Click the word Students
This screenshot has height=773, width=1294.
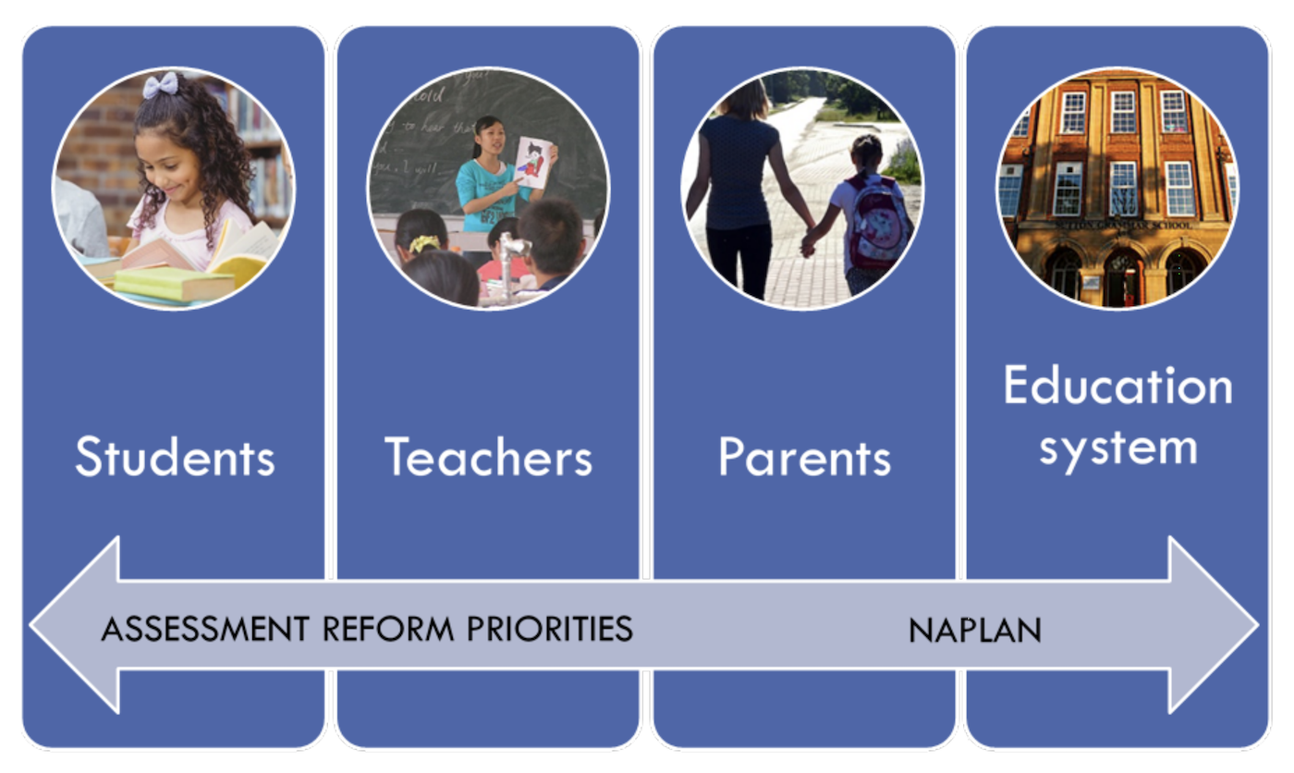point(175,457)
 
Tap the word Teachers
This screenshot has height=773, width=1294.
point(488,457)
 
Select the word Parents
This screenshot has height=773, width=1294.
point(804,457)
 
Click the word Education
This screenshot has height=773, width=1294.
point(1117,386)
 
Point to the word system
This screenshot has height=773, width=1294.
point(1117,448)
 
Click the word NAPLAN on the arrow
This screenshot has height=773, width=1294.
point(975,631)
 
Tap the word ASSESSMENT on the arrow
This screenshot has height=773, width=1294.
point(205,629)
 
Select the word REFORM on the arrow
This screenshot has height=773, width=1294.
point(388,629)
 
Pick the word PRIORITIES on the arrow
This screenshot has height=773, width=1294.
point(549,629)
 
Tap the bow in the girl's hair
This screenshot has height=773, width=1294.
point(160,84)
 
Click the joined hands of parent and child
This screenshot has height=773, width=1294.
point(810,242)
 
